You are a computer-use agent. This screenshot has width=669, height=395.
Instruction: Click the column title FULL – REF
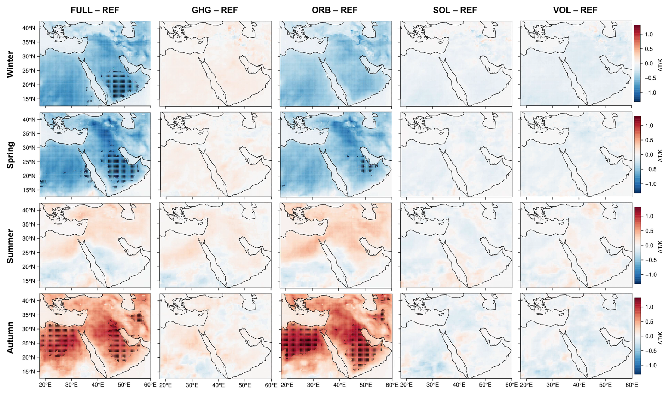pos(95,10)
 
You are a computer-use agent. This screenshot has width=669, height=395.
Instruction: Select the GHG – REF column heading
pos(215,10)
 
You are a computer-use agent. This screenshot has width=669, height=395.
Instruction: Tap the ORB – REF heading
pos(334,10)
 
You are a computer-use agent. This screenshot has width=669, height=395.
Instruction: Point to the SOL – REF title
pos(455,10)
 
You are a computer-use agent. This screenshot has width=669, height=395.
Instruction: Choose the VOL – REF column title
pos(575,10)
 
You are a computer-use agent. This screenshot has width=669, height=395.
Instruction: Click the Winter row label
pos(10,64)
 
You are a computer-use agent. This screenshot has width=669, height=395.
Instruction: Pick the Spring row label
pos(10,155)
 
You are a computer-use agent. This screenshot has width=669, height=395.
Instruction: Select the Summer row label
pos(10,246)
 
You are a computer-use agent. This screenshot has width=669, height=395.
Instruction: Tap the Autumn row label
pos(10,337)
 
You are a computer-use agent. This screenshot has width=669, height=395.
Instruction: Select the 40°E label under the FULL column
pos(98,385)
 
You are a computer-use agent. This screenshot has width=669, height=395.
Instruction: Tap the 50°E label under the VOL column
pos(605,385)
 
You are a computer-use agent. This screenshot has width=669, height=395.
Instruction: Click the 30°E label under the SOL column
pos(432,385)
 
